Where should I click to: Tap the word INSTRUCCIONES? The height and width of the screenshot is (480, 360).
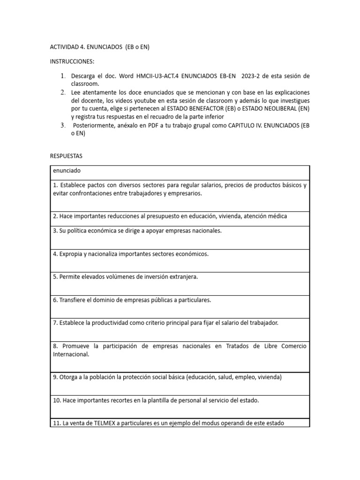(72, 61)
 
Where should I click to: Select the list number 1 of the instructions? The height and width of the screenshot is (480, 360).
(63, 76)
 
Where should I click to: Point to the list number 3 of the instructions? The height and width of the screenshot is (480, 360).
(63, 125)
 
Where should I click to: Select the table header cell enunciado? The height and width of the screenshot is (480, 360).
(67, 172)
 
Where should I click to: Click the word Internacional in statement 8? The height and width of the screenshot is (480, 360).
(71, 354)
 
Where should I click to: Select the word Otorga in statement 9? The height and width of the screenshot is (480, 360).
(69, 377)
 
